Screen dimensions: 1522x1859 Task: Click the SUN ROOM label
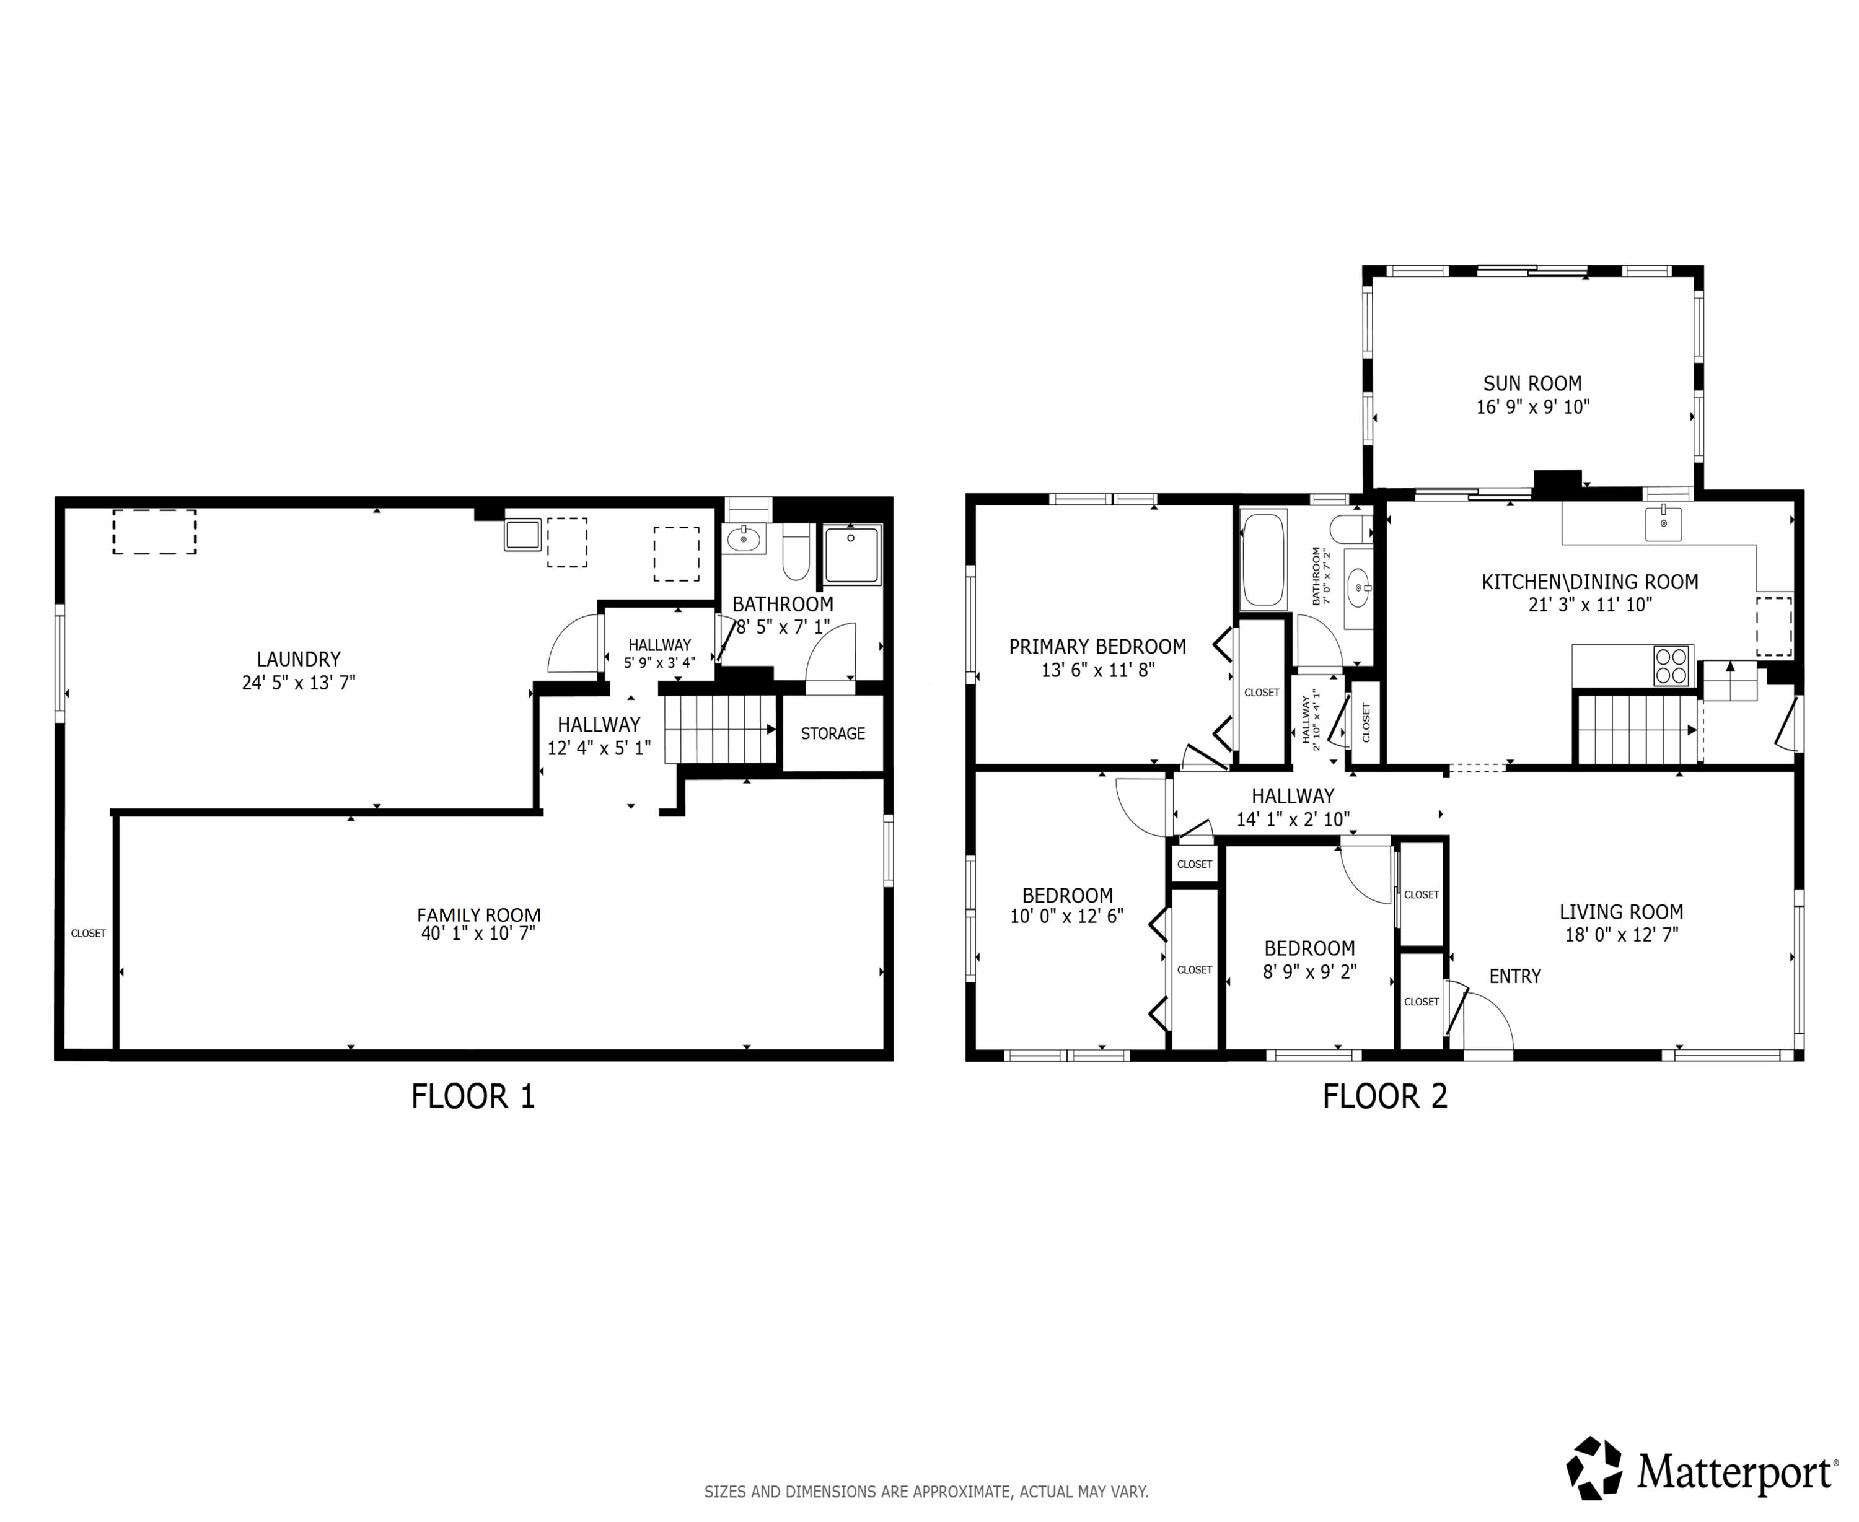click(x=1532, y=383)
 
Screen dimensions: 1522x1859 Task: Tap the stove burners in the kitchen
click(x=1671, y=665)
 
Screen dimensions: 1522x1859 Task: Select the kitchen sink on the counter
click(x=1663, y=523)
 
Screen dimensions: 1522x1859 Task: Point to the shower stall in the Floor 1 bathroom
click(x=851, y=554)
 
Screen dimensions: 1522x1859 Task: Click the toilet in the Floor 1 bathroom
click(x=795, y=553)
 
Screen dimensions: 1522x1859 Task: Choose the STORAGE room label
click(x=832, y=733)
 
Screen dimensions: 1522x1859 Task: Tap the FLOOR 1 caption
click(x=473, y=1096)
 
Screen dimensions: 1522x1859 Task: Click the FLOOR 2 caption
click(x=1384, y=1096)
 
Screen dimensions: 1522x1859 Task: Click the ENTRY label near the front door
click(x=1514, y=976)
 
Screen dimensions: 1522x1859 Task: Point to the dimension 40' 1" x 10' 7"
click(x=478, y=933)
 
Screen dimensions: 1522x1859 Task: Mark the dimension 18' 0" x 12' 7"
click(x=1620, y=935)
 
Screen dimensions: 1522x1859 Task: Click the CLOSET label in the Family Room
click(x=88, y=933)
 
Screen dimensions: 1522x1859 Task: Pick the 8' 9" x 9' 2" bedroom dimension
click(x=1309, y=971)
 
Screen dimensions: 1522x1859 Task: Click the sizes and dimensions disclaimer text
click(x=926, y=1491)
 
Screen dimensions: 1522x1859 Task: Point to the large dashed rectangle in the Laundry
click(x=154, y=531)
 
